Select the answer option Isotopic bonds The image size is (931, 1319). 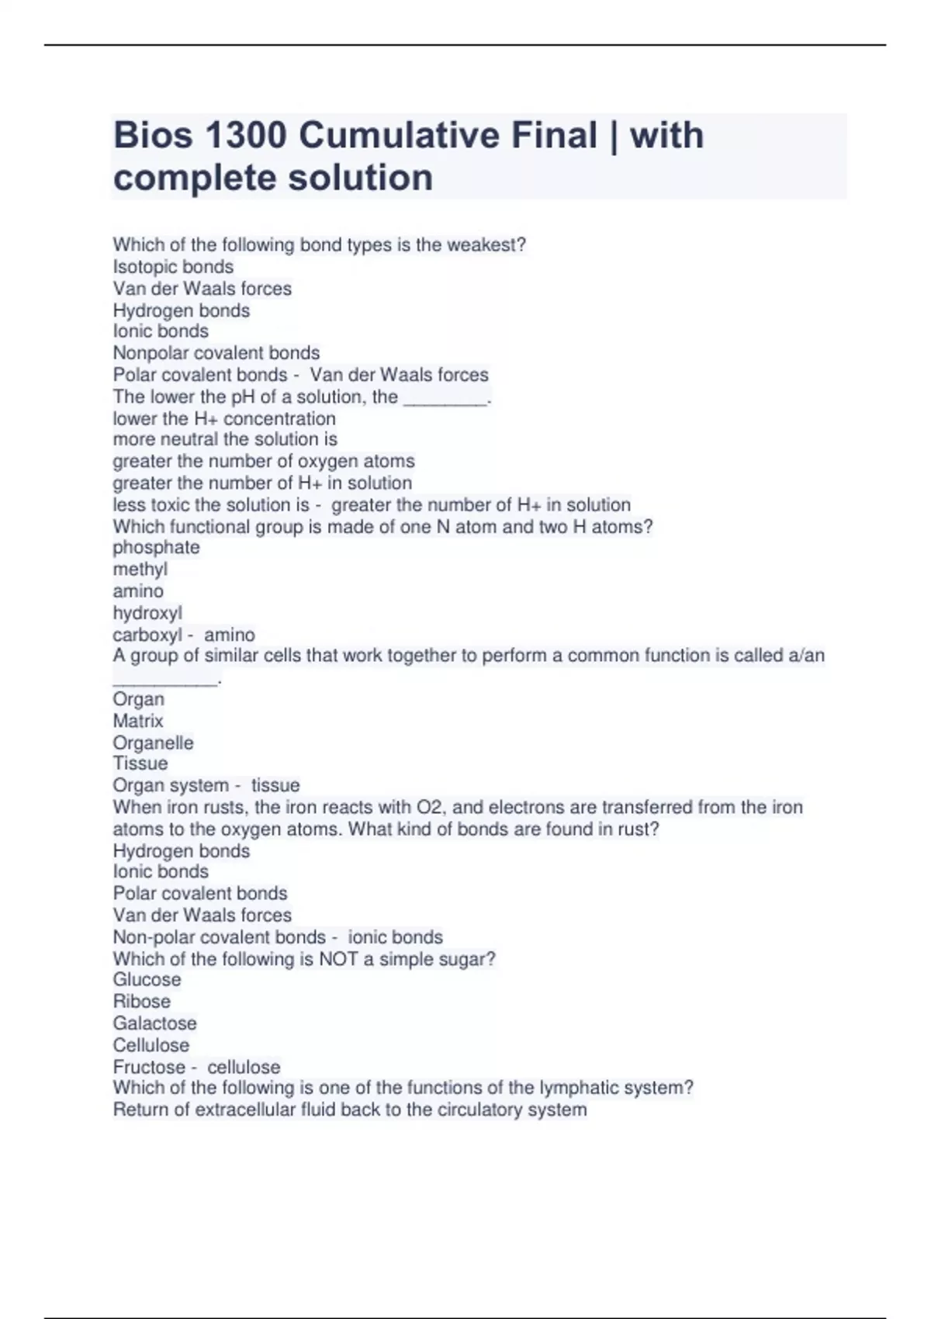click(x=173, y=267)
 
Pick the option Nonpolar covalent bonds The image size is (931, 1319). click(x=216, y=353)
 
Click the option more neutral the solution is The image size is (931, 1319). click(x=225, y=439)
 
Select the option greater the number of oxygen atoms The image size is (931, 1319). click(x=264, y=461)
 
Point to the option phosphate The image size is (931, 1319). click(x=156, y=548)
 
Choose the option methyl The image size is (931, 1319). click(x=140, y=569)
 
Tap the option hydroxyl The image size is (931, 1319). click(x=147, y=613)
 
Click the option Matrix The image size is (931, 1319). click(x=138, y=721)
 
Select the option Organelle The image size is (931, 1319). click(x=153, y=743)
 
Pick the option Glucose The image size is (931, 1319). click(x=147, y=980)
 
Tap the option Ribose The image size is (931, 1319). click(x=141, y=1002)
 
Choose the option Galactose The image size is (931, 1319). click(x=154, y=1023)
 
